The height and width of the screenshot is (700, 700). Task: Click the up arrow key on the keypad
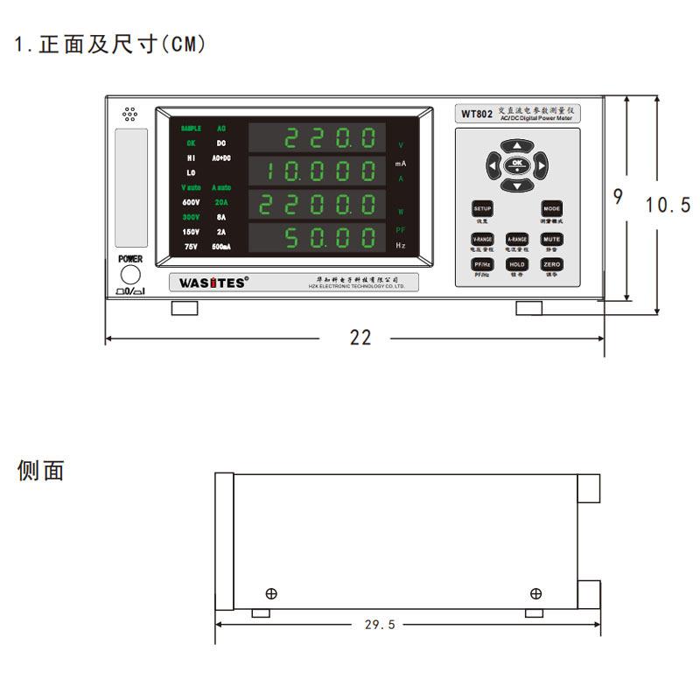517,146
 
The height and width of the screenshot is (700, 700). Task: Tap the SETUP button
483,209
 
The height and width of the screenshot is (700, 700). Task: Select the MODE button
551,209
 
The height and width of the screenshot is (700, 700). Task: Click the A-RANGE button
517,239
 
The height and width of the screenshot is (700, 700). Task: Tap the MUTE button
551,239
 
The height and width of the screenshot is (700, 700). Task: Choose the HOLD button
517,263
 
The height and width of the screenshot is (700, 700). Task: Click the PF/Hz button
483,263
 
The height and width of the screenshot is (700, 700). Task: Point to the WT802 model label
476,115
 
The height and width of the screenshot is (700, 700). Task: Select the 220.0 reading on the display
332,138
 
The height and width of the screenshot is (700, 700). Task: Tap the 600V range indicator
191,202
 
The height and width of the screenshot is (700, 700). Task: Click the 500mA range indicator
220,248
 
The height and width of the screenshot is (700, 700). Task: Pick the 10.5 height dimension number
668,205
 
